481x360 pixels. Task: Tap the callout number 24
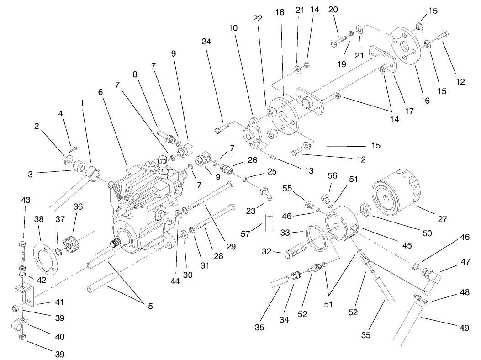coord(206,42)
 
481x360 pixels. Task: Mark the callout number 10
coord(233,27)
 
